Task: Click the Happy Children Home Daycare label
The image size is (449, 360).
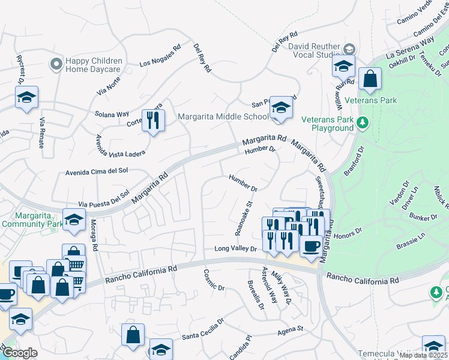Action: (x=94, y=65)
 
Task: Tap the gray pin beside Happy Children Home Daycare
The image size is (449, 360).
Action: (x=57, y=63)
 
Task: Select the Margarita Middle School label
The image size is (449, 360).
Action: (x=223, y=116)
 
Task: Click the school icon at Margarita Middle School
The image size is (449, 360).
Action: (x=279, y=108)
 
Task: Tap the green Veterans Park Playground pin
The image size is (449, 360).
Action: (x=362, y=123)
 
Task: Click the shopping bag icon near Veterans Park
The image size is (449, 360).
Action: (x=370, y=79)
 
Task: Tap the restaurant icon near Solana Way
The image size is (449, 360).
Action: (x=153, y=120)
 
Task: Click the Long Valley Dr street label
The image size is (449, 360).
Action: (x=236, y=248)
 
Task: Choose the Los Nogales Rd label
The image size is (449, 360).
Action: (x=160, y=56)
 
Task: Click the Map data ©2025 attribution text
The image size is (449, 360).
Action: (x=423, y=355)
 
